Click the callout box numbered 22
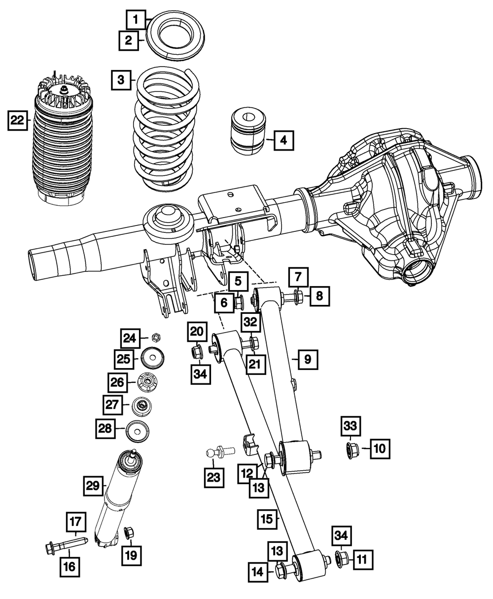point(18,120)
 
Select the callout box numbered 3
point(120,79)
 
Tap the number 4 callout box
point(283,141)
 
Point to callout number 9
point(308,360)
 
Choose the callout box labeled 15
point(267,519)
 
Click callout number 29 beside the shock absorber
point(92,487)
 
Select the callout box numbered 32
point(250,323)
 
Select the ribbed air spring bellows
point(62,148)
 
